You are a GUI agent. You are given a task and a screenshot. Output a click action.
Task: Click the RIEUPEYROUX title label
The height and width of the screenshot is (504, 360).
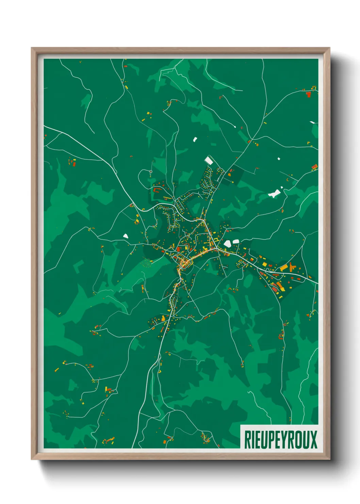(280, 440)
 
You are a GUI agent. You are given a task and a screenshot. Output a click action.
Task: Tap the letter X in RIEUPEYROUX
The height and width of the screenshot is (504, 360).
(313, 440)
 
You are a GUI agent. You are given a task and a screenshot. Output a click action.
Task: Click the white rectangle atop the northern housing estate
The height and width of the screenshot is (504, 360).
(209, 160)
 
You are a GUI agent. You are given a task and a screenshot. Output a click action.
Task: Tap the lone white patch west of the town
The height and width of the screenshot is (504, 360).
(125, 236)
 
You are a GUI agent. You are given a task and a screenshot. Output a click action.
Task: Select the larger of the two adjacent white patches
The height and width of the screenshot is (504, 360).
(227, 243)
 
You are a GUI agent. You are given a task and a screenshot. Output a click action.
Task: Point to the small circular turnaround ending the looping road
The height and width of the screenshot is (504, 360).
(150, 172)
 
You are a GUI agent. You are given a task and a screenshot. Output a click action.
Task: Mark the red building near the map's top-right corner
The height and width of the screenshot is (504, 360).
(309, 94)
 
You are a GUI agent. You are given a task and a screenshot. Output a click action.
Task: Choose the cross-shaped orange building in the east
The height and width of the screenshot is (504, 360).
(292, 268)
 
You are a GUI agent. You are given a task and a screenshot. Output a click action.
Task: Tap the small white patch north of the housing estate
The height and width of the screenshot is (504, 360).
(195, 139)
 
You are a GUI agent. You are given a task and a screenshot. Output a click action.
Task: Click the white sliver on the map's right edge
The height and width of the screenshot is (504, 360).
(312, 122)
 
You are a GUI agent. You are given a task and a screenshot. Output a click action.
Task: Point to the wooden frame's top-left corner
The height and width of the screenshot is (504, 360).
(32, 48)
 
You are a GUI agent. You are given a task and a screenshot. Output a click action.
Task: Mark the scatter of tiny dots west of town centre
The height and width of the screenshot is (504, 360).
(147, 263)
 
